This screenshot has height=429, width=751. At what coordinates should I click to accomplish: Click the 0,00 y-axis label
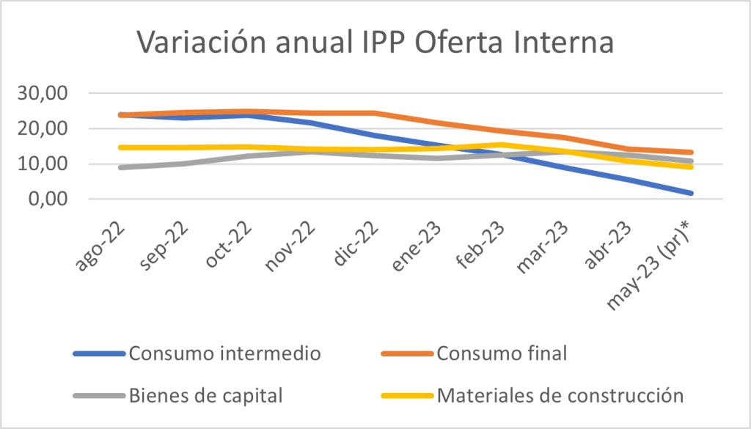[52, 199]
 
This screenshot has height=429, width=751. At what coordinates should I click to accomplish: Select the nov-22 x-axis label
[288, 237]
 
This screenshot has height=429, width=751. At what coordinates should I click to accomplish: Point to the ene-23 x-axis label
[417, 237]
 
